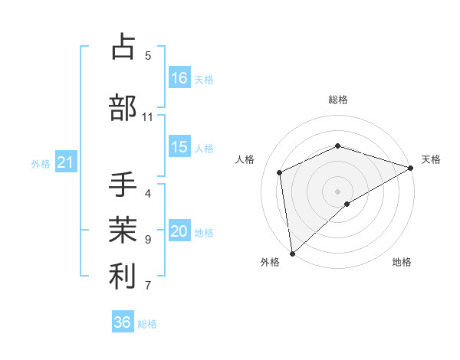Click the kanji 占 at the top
122,47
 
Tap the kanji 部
123,108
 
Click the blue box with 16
179,78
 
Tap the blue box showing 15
179,148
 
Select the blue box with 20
179,232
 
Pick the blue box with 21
66,162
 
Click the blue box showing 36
123,322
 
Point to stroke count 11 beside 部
147,117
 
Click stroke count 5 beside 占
148,55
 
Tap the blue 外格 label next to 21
41,163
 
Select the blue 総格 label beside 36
147,324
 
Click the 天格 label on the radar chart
431,159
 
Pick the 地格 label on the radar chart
402,263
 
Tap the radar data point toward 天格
411,168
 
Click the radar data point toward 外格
292,254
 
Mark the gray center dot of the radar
338,191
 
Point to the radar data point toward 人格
280,172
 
